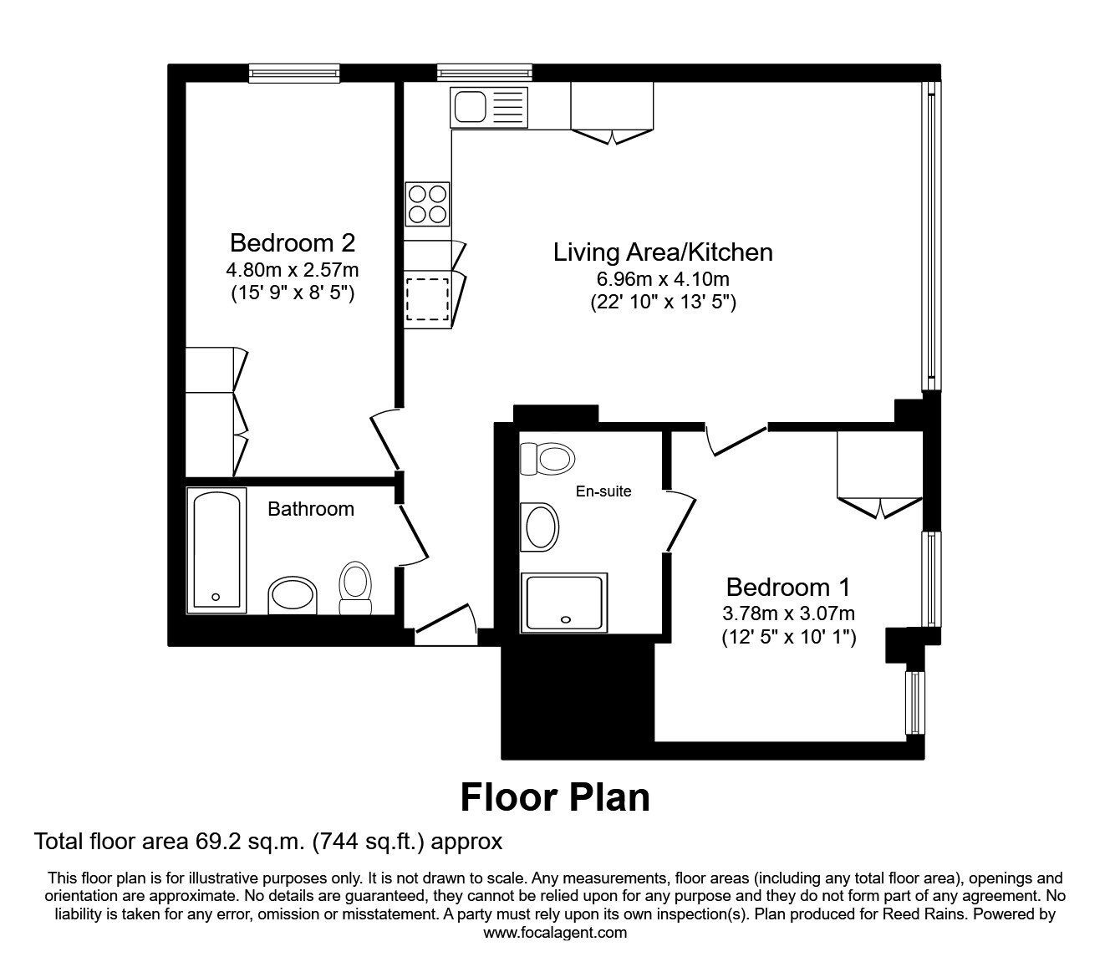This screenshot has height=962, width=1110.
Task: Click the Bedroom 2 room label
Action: [x=292, y=243]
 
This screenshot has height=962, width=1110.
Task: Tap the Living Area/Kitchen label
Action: [x=662, y=252]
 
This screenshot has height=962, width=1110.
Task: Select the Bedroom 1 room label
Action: [x=788, y=587]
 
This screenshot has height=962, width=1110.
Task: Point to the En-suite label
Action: [x=603, y=491]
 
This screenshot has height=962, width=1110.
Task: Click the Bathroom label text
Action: [x=310, y=509]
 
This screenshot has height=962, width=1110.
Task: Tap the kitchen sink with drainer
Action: [x=489, y=108]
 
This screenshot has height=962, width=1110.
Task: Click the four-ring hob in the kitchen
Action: [x=427, y=203]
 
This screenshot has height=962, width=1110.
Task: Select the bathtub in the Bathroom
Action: [x=216, y=549]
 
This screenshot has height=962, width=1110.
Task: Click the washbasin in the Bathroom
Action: [x=293, y=596]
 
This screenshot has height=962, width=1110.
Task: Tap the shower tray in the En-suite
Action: [x=565, y=602]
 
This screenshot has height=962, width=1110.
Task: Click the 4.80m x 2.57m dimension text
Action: [x=292, y=270]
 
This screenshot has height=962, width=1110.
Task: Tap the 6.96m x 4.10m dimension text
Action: [x=662, y=279]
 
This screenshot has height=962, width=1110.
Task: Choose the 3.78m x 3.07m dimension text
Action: [x=788, y=613]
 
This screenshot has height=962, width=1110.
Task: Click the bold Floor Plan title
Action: [x=555, y=797]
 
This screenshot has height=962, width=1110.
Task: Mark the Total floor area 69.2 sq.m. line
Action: [x=267, y=841]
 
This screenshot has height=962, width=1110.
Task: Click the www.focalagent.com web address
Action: [x=555, y=933]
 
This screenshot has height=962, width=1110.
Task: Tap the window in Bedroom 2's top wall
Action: [x=294, y=74]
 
